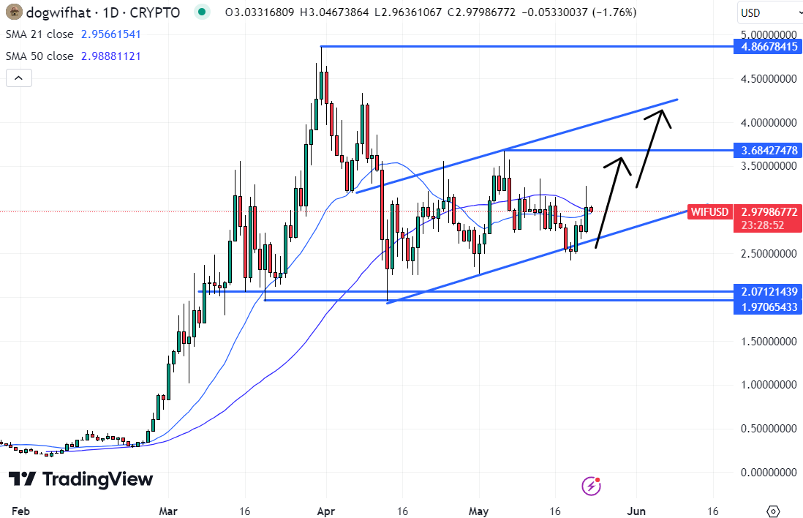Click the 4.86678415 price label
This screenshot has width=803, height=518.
pos(767,46)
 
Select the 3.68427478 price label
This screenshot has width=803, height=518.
pos(767,151)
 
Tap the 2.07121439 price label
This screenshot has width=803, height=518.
pos(767,291)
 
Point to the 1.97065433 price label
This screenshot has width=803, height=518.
pos(767,307)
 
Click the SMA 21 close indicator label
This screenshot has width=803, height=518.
pos(39,34)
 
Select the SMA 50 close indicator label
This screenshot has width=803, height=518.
pos(39,56)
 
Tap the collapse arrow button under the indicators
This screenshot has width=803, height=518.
pos(19,78)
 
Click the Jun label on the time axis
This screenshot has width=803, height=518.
pos(637,511)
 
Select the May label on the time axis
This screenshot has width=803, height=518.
pos(479,511)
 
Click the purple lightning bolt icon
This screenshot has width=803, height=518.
pos(591,485)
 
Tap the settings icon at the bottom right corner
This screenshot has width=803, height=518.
pos(774,511)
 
